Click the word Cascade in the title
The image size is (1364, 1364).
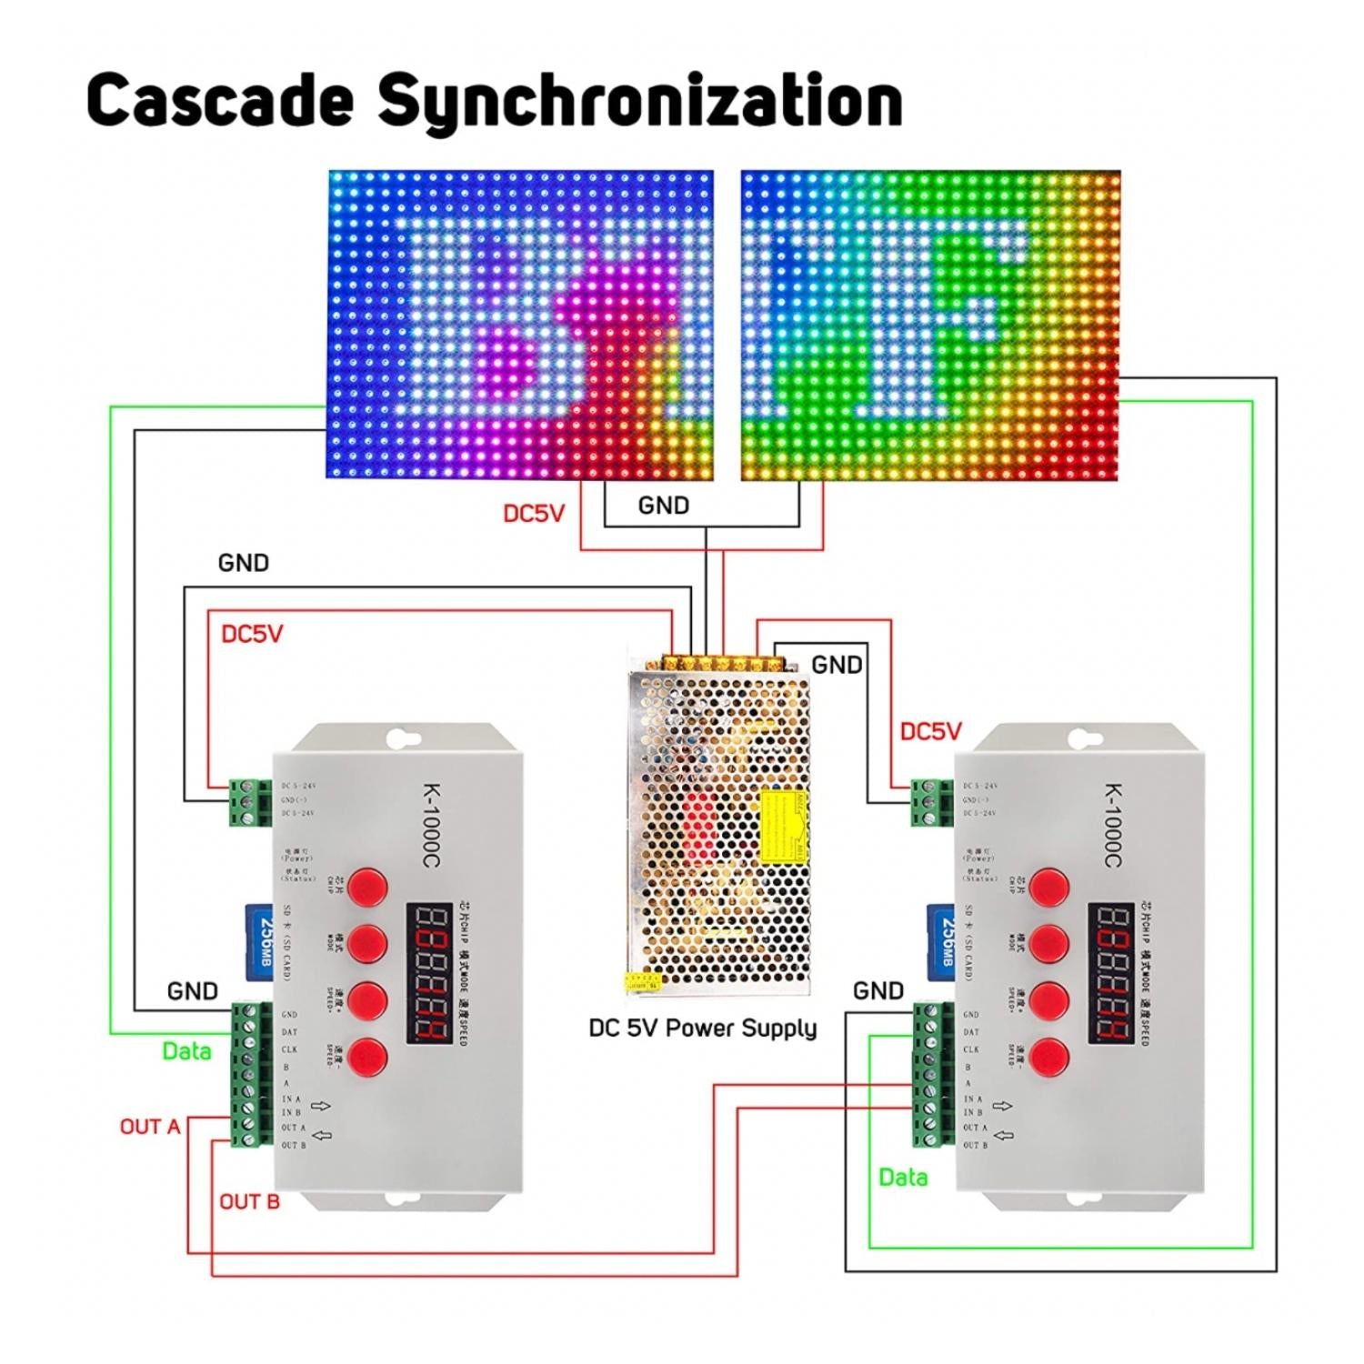click(219, 99)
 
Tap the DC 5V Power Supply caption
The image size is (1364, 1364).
click(702, 1028)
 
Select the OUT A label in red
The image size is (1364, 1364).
click(150, 1127)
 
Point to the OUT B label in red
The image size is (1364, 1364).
click(249, 1202)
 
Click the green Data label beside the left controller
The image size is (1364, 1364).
click(186, 1051)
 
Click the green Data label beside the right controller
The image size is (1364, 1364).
click(903, 1178)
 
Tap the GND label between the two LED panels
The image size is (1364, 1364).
click(664, 506)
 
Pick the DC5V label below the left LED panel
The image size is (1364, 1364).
click(534, 514)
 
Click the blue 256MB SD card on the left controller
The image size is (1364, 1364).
click(261, 942)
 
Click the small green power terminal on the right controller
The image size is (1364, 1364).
click(925, 803)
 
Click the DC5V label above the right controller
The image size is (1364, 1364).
click(930, 731)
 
